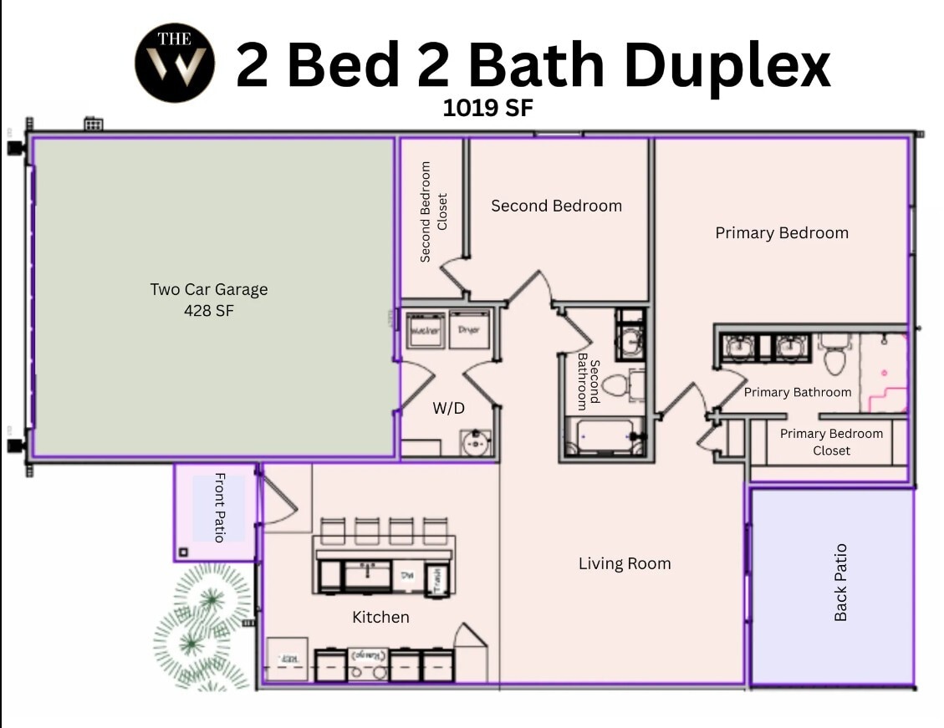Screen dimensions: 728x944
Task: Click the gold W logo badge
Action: (x=175, y=63)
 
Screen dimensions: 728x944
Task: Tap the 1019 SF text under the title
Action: (x=487, y=108)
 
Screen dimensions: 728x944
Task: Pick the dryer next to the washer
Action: (x=469, y=330)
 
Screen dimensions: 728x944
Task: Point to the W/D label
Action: (x=448, y=408)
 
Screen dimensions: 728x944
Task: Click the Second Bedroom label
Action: (x=556, y=206)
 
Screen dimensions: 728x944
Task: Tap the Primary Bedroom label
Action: (x=782, y=233)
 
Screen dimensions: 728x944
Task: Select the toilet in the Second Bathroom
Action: (x=620, y=385)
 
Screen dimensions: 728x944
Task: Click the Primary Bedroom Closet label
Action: (x=831, y=442)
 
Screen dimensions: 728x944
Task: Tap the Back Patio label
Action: (x=840, y=583)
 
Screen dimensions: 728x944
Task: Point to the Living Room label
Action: (x=625, y=563)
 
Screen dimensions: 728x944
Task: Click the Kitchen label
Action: (x=380, y=617)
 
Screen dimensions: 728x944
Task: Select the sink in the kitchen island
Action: (x=368, y=575)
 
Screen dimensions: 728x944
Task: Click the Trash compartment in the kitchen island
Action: (x=435, y=576)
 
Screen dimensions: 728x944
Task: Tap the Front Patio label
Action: (x=220, y=507)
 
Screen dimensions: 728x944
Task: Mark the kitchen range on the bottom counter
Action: (x=368, y=664)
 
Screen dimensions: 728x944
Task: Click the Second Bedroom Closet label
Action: (x=434, y=212)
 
